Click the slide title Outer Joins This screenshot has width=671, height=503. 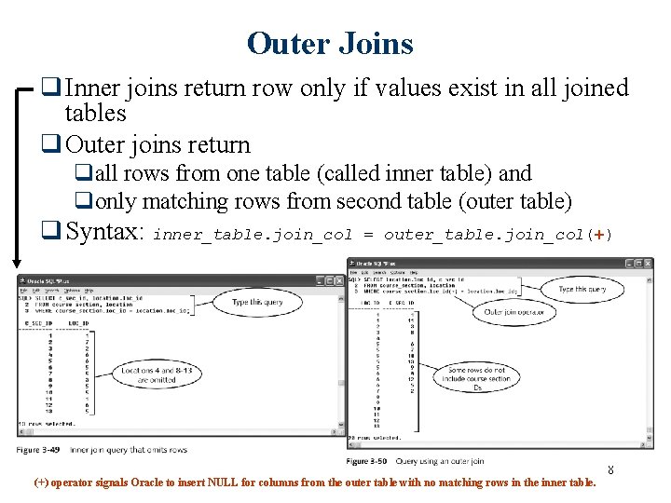point(330,43)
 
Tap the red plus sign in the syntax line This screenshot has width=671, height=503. point(598,234)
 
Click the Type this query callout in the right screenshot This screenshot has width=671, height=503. point(581,290)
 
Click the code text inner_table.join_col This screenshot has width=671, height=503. point(253,235)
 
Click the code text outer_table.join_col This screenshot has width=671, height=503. point(484,235)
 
